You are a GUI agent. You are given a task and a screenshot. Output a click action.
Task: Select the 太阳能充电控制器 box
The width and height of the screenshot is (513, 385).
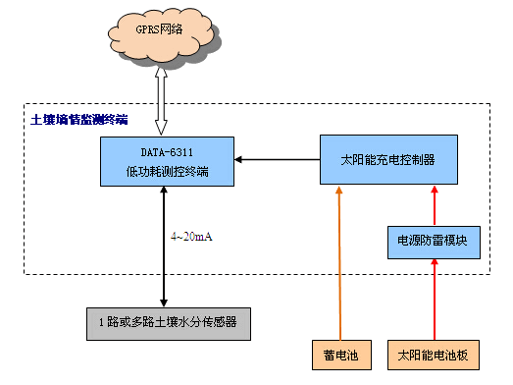[387, 159]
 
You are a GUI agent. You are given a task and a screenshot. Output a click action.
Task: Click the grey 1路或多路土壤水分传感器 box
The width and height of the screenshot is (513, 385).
[162, 322]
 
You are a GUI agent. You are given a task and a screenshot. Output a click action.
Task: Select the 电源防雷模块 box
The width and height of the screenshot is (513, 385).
[433, 240]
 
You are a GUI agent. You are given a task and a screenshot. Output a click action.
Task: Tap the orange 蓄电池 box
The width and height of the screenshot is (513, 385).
[340, 352]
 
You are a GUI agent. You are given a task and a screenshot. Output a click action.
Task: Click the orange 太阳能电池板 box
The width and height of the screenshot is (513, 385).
[433, 352]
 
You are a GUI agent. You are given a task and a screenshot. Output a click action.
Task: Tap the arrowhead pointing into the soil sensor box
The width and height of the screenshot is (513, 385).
[162, 300]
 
